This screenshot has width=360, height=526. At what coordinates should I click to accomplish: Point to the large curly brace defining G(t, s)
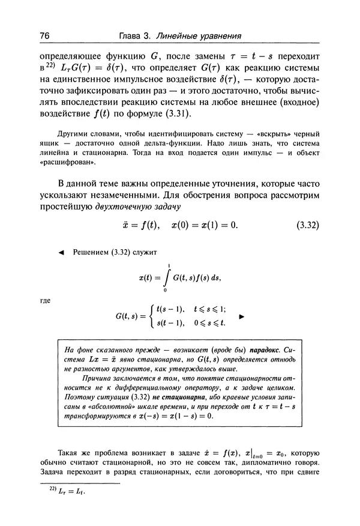click(x=151, y=316)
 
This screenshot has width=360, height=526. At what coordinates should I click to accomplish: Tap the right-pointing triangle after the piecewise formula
click(x=242, y=315)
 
